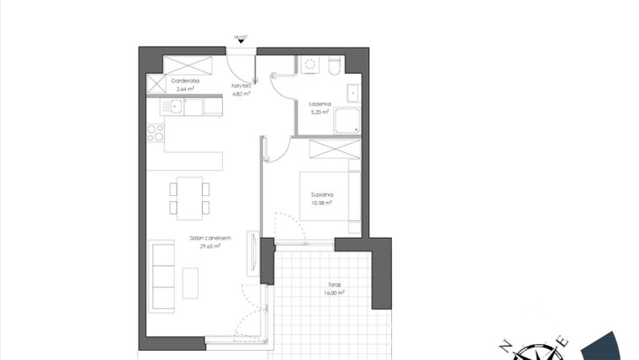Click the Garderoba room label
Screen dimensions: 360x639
point(184,81)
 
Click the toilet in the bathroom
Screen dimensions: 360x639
point(335,66)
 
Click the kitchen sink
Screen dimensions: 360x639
point(175,107)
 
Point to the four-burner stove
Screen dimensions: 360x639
point(156,133)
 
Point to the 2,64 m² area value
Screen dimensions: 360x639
point(184,88)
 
